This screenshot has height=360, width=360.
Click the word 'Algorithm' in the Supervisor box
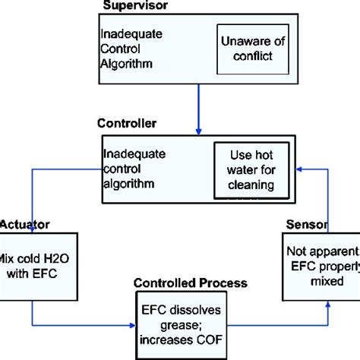pyautogui.click(x=122, y=61)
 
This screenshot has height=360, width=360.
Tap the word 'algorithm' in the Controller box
pyautogui.click(x=125, y=183)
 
